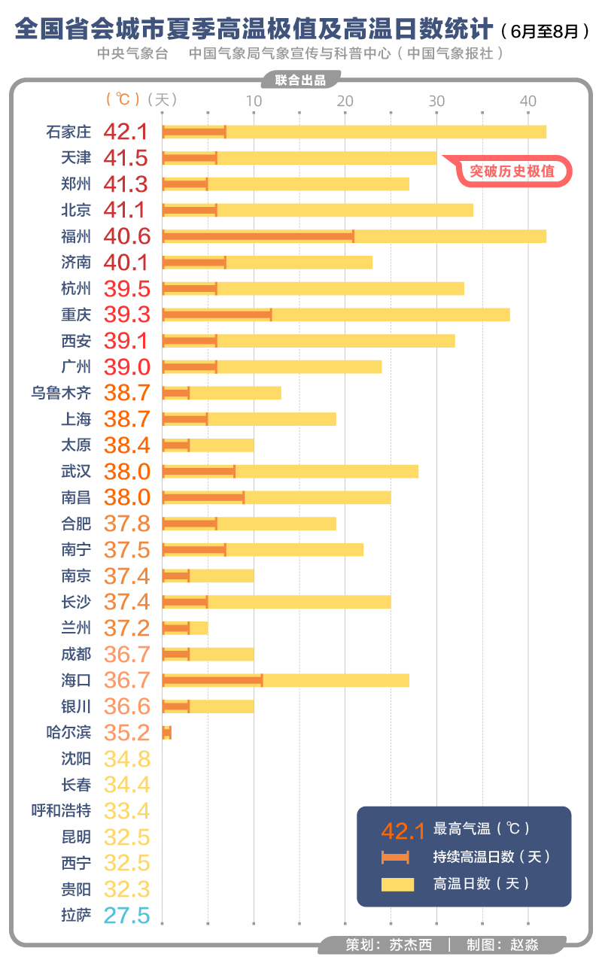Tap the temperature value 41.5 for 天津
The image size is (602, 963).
pyautogui.click(x=126, y=158)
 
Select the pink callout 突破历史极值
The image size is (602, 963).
pyautogui.click(x=512, y=172)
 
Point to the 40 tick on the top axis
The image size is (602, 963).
pyautogui.click(x=528, y=100)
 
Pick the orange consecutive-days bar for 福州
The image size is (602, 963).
pyautogui.click(x=258, y=236)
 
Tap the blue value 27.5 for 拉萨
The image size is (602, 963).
pyautogui.click(x=126, y=916)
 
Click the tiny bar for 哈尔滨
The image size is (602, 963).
pyautogui.click(x=167, y=733)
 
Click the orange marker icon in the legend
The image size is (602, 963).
pyautogui.click(x=395, y=857)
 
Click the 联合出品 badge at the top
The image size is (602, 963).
pyautogui.click(x=300, y=81)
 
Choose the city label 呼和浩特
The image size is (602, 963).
pyautogui.click(x=61, y=811)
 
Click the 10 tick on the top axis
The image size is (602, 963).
pyautogui.click(x=254, y=100)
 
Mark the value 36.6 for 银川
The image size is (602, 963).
pyautogui.click(x=127, y=706)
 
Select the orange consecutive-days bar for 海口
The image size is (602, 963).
pyautogui.click(x=212, y=680)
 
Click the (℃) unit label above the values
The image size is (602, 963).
pyautogui.click(x=123, y=99)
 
